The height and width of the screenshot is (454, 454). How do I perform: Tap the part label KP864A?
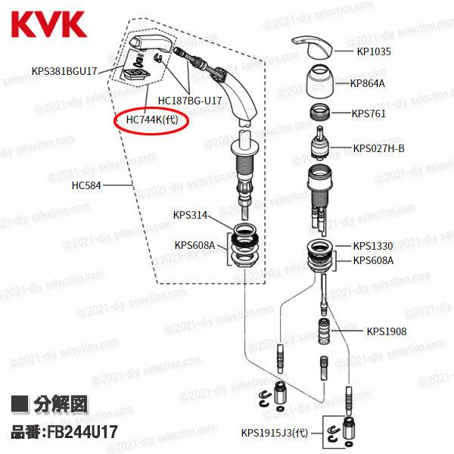pyautogui.click(x=368, y=83)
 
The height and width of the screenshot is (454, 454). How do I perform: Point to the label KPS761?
pyautogui.click(x=368, y=115)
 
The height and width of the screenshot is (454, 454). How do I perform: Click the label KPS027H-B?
pyautogui.click(x=379, y=148)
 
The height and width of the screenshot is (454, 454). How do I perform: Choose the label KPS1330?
pyautogui.click(x=373, y=246)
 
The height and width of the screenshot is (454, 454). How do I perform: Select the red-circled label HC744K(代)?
pyautogui.click(x=151, y=120)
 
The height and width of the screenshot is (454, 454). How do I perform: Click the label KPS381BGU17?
pyautogui.click(x=64, y=73)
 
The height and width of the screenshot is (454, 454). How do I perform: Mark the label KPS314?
pyautogui.click(x=189, y=214)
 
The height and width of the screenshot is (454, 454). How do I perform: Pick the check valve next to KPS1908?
pyautogui.click(x=324, y=331)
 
